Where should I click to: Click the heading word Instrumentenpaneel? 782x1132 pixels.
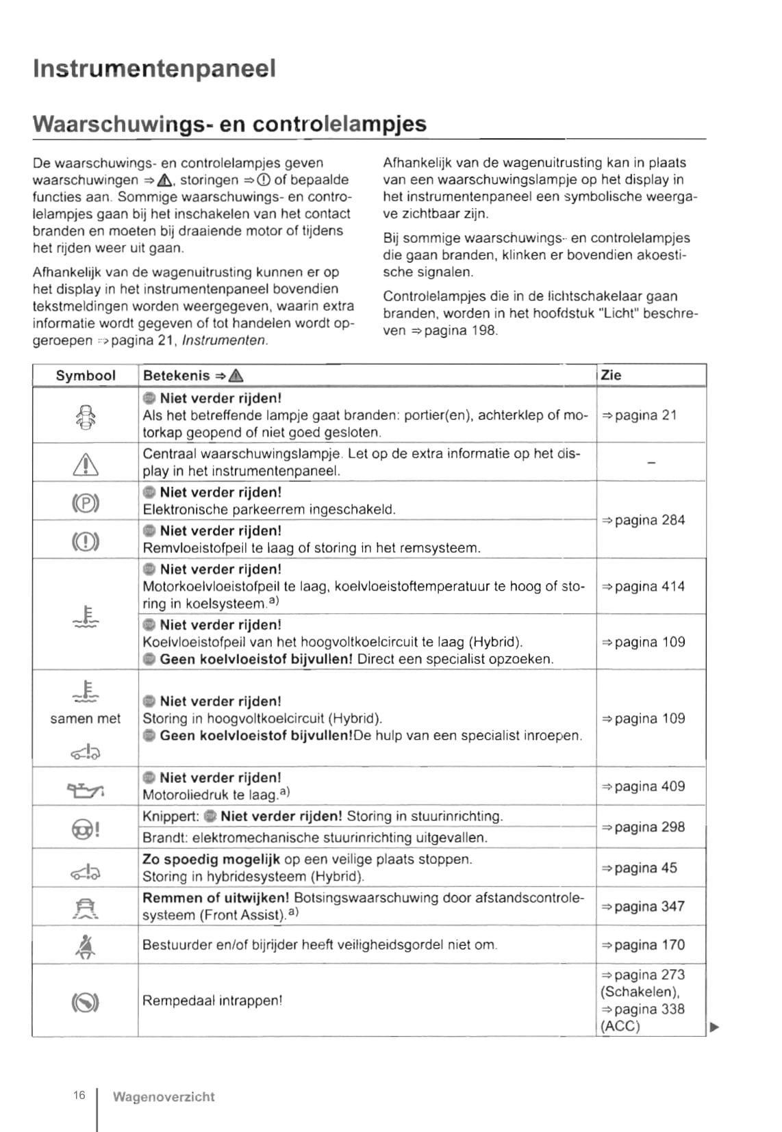tap(154, 69)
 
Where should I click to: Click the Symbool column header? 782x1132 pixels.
tap(86, 376)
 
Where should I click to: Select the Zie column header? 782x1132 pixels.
tap(611, 375)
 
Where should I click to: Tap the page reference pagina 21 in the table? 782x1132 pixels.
tap(640, 415)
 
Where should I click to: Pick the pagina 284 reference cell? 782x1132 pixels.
tap(644, 520)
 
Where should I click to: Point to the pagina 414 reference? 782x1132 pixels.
tap(644, 587)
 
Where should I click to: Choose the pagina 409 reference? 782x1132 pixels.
tap(644, 786)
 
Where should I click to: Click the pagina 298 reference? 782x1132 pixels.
tap(644, 827)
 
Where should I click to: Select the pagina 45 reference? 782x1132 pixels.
tap(640, 868)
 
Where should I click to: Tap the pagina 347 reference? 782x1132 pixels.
tap(644, 906)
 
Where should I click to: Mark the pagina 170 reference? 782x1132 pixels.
tap(644, 945)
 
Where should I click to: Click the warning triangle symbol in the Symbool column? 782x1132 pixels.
tap(86, 465)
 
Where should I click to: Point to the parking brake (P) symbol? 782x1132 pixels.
tap(86, 504)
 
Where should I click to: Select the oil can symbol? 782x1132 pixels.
tap(86, 790)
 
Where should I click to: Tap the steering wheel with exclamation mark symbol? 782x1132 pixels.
tap(86, 829)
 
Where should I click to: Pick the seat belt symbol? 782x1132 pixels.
tap(86, 947)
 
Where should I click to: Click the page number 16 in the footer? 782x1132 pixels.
tap(79, 1096)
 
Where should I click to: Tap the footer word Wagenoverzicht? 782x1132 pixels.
tap(164, 1097)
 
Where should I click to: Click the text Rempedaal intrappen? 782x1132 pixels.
tap(212, 1001)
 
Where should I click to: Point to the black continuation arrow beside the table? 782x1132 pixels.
tap(715, 1027)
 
